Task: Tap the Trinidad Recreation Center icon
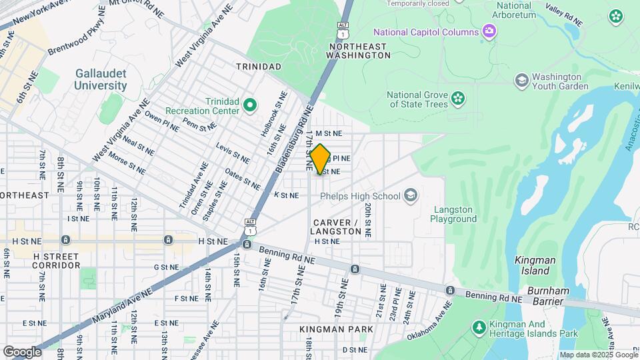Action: pos(250,105)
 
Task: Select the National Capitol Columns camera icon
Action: pos(489,31)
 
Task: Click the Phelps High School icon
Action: pos(411,195)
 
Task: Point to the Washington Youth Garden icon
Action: pos(521,81)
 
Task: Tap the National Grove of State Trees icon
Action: pos(457,99)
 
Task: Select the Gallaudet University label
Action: pos(101,79)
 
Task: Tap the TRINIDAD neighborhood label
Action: pos(259,67)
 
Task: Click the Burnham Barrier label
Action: pos(550,295)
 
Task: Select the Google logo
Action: pos(22,351)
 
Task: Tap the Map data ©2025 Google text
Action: pos(598,355)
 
